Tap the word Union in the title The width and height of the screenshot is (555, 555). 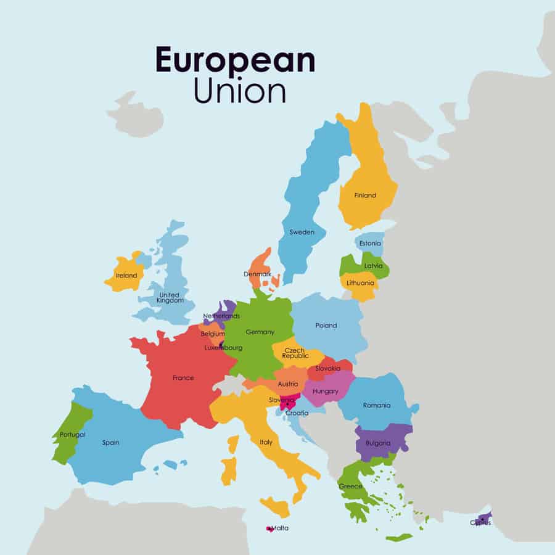click(240, 91)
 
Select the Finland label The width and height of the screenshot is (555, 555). click(365, 195)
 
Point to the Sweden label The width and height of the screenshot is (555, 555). click(302, 232)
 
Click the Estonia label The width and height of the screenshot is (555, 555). click(370, 244)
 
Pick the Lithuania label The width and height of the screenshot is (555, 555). click(361, 283)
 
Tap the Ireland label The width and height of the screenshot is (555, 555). click(126, 276)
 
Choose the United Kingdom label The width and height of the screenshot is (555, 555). click(170, 298)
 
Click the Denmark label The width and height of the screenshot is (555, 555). click(257, 274)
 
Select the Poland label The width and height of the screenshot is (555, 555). click(326, 326)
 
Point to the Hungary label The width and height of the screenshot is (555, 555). click(325, 391)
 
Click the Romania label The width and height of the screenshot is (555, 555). click(377, 405)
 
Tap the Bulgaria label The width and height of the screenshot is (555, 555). click(377, 443)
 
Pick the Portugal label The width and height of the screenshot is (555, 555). click(72, 435)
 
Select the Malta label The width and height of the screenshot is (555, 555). click(279, 528)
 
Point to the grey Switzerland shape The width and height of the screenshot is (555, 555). click(231, 386)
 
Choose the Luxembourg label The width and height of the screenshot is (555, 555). click(223, 348)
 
